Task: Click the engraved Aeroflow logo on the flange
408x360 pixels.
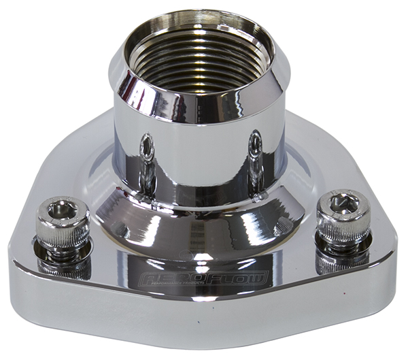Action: click(203, 280)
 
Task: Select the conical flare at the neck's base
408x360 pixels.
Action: click(197, 218)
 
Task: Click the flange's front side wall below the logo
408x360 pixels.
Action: click(204, 320)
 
